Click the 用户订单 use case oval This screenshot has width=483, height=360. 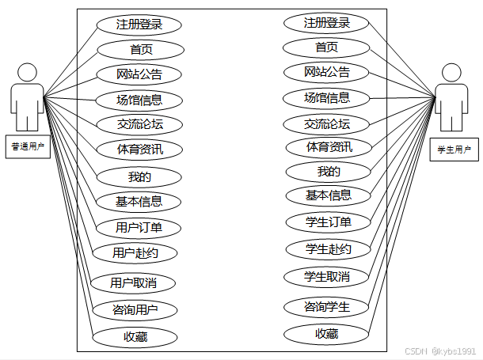pos(139,228)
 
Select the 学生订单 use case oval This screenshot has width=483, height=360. pos(328,222)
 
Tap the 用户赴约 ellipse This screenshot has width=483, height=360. pos(134,253)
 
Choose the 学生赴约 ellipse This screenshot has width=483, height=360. pos(328,249)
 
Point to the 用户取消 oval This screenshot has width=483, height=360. pos(132,282)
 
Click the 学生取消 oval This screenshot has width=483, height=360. pos(327,276)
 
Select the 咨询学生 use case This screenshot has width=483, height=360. pos(327,306)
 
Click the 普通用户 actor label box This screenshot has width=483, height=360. pos(27,146)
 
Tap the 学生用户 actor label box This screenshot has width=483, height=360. pos(454,149)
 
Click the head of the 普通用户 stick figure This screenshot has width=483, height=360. pos(27,72)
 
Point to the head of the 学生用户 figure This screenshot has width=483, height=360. pos(451,73)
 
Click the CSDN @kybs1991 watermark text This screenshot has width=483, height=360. pos(440,351)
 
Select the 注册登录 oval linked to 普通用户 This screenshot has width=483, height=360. pos(139,25)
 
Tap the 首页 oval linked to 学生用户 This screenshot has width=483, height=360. pos(327,47)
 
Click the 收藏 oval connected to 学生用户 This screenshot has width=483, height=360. pos(327,334)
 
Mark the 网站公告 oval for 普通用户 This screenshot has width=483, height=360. pos(139,75)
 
